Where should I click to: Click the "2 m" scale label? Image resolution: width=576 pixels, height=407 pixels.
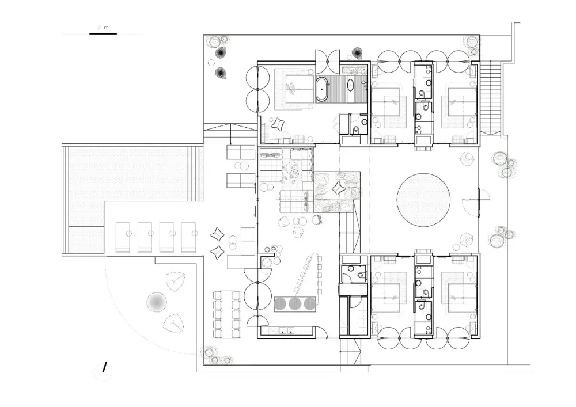click(x=103, y=28)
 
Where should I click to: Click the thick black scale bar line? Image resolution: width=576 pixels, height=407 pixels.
click(x=103, y=34)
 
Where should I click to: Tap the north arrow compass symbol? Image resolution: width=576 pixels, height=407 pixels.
click(x=104, y=368)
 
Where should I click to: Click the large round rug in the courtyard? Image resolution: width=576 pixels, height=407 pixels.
click(x=423, y=200)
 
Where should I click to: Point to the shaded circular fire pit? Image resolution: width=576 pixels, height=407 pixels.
click(x=157, y=302)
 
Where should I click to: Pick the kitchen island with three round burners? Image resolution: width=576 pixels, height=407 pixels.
click(x=295, y=303)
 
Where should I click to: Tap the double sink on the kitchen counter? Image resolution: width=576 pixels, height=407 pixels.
click(x=286, y=330)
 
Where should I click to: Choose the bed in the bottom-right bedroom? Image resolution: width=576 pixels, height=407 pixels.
click(x=459, y=293)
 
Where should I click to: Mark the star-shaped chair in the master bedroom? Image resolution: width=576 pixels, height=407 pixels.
click(x=277, y=124)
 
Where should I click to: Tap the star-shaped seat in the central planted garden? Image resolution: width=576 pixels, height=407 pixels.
click(x=337, y=189)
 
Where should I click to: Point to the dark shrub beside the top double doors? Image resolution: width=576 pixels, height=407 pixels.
click(x=357, y=53)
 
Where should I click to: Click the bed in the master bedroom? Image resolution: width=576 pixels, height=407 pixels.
click(x=294, y=88)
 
